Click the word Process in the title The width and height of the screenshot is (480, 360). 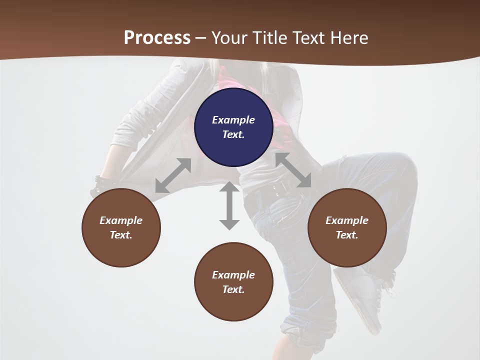pyautogui.click(x=157, y=37)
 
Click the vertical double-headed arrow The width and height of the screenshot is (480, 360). pyautogui.click(x=229, y=205)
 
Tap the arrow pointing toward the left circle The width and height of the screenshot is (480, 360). pyautogui.click(x=173, y=175)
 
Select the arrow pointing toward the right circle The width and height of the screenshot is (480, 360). pyautogui.click(x=293, y=170)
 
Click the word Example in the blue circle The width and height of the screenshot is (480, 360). pyautogui.click(x=233, y=120)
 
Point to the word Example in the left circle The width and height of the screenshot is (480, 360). pyautogui.click(x=121, y=220)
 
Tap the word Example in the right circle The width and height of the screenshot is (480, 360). pyautogui.click(x=347, y=220)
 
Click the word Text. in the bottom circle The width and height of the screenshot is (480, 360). pyautogui.click(x=233, y=289)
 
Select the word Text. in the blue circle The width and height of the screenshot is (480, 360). pyautogui.click(x=233, y=134)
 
